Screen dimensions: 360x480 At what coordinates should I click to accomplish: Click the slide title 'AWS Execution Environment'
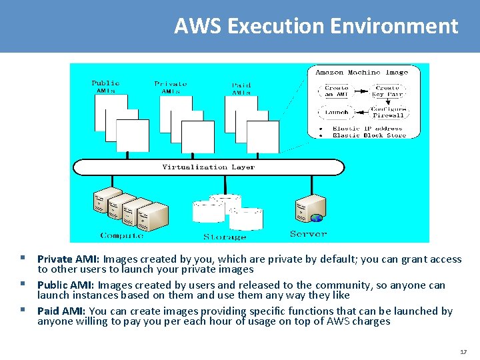coord(316,26)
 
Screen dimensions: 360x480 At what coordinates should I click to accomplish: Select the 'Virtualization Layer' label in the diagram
coord(208,167)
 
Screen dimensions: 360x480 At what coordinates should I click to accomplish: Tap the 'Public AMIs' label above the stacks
coord(105,87)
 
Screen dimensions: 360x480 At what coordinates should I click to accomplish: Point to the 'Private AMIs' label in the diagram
coord(171,87)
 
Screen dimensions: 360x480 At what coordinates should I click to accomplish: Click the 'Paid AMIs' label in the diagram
coord(241,89)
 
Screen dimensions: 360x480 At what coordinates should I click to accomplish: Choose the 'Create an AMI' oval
coord(336,91)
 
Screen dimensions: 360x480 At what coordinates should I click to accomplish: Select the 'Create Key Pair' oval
coord(387,91)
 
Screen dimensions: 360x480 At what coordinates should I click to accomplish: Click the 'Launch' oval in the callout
coord(336,113)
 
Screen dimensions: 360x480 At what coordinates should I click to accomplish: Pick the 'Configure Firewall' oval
coord(387,112)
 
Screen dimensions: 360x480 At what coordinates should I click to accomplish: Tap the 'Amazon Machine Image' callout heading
coord(361,72)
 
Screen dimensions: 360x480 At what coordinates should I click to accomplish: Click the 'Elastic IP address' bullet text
coord(367,128)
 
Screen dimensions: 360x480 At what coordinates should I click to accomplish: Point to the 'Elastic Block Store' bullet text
coord(369,135)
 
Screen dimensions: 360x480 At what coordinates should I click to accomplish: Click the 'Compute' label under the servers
coord(121,235)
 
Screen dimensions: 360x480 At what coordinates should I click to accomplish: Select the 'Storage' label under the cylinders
coord(225,237)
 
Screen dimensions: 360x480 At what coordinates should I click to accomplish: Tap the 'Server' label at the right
coord(308,234)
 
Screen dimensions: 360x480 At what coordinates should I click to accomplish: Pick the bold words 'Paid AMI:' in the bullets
coord(62,311)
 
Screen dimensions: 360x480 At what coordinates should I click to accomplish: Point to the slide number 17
coord(463,351)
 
